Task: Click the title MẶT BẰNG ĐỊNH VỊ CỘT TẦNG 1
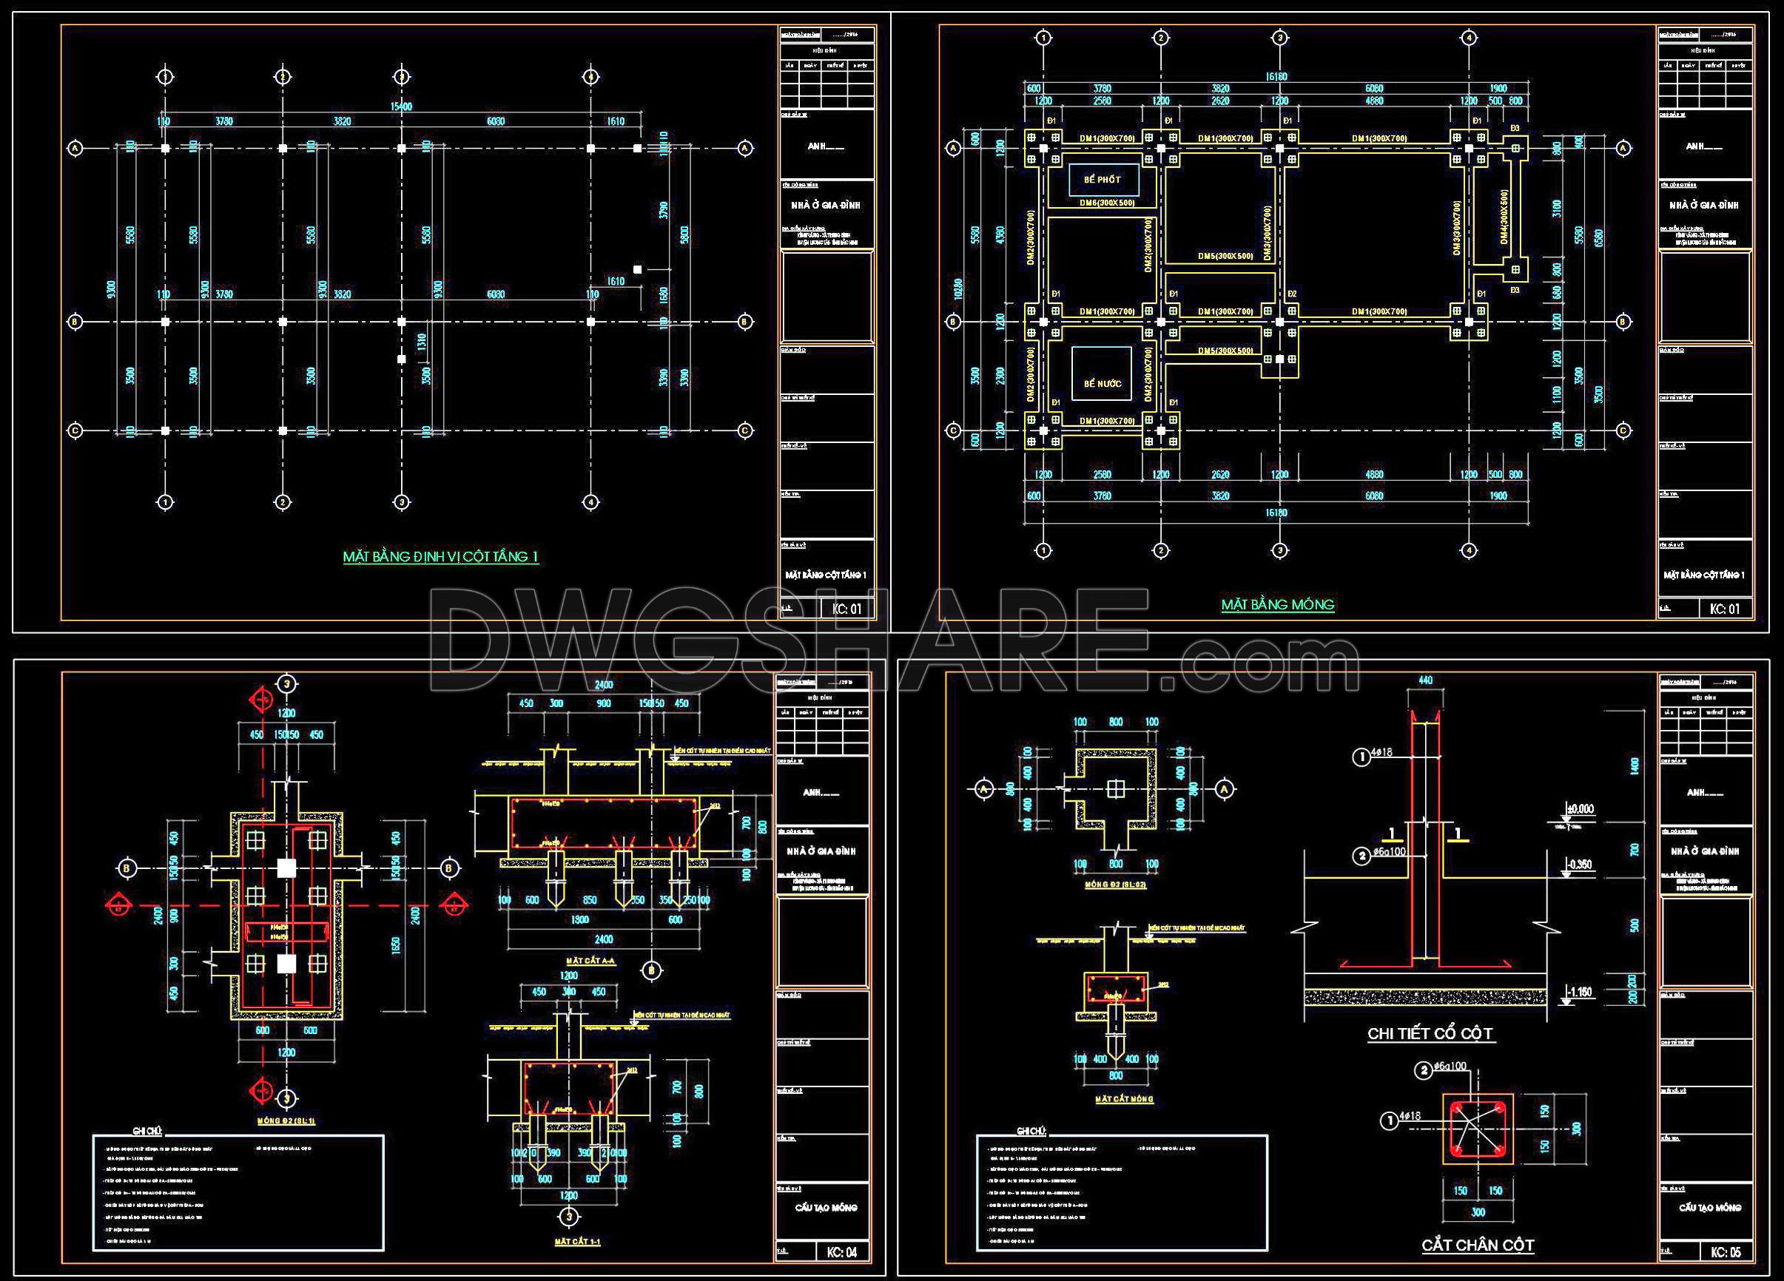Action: click(x=440, y=557)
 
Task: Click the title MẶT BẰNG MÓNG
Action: click(x=1277, y=605)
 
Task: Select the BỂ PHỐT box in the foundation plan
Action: click(x=1101, y=180)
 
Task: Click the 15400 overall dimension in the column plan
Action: click(x=401, y=107)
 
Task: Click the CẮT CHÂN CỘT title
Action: click(x=1477, y=1245)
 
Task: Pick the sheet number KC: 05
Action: click(x=1726, y=1252)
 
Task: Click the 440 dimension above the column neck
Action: click(x=1425, y=681)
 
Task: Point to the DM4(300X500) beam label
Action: click(x=1504, y=216)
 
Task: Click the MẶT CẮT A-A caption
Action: click(x=590, y=961)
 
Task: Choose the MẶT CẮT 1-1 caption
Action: click(x=577, y=1242)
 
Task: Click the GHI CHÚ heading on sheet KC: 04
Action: click(x=147, y=1131)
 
